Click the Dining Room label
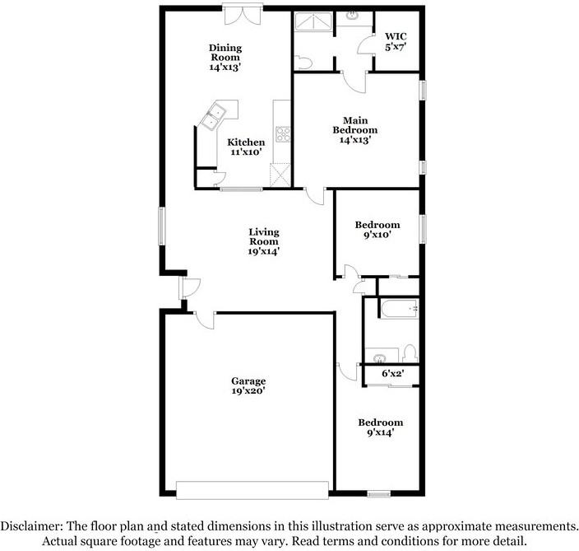225,58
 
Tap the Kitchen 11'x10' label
246,147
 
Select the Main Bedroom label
354,130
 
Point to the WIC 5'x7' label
396,42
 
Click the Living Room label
264,241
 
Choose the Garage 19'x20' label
248,385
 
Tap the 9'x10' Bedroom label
378,230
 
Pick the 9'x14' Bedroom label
380,427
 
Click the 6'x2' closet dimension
392,373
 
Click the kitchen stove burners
283,134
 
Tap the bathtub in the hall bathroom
400,308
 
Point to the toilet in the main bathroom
303,63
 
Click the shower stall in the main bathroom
313,21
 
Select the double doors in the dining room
243,16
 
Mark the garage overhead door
252,490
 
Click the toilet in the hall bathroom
410,353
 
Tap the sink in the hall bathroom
379,358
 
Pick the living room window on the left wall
161,226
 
